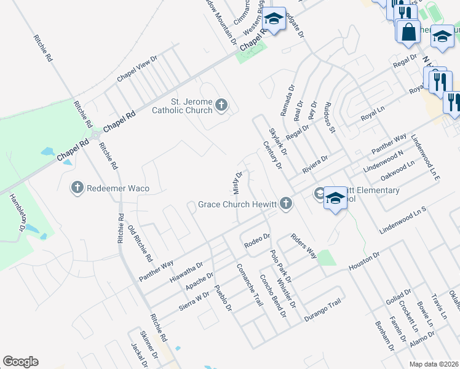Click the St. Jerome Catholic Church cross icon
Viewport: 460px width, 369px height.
[x=221, y=106]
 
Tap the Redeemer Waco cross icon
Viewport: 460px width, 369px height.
[x=77, y=187]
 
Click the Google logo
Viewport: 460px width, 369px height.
[x=20, y=362]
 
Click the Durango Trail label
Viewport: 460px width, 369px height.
[x=322, y=311]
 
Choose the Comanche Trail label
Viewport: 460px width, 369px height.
[x=250, y=285]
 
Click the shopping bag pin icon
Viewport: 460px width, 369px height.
[x=408, y=31]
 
